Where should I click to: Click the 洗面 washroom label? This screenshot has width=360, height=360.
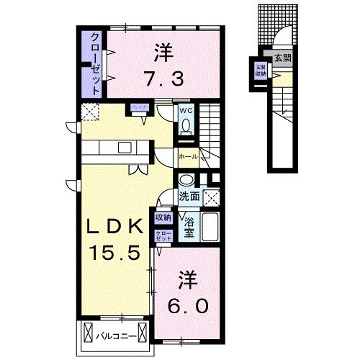[x=189, y=195]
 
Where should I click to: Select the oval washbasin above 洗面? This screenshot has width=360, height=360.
[x=186, y=181]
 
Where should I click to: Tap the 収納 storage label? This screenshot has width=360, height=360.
[x=163, y=217]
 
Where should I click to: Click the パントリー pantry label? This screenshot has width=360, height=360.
[x=139, y=108]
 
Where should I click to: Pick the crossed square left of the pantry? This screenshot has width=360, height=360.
[x=90, y=112]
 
